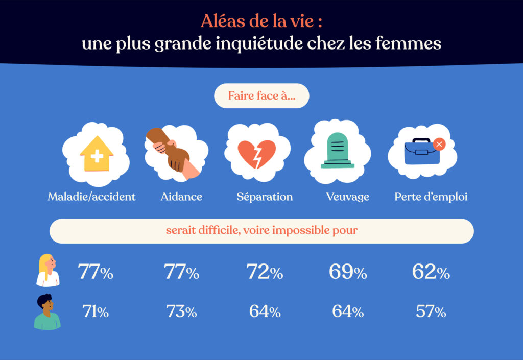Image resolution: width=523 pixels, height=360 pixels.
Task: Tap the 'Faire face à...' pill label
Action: click(261, 96)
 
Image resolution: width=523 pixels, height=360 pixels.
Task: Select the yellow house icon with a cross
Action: click(96, 153)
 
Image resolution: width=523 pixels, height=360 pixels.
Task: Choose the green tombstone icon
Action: click(337, 150)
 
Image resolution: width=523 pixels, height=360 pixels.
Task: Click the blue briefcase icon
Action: click(421, 152)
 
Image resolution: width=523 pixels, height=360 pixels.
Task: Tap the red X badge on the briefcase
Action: click(439, 144)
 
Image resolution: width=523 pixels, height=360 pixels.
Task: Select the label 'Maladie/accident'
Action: click(92, 197)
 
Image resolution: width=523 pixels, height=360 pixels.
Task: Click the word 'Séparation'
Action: click(265, 197)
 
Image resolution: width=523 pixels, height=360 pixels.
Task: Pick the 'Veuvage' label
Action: click(347, 197)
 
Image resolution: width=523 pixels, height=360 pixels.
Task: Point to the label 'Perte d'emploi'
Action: click(431, 197)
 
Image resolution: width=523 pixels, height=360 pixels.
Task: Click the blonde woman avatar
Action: click(47, 270)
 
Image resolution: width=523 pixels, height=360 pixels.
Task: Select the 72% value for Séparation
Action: click(265, 272)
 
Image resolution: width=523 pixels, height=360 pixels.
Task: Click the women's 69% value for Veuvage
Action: click(348, 272)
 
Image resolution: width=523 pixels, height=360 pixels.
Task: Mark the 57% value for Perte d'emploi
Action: click(431, 311)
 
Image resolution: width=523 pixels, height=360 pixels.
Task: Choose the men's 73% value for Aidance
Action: click(181, 311)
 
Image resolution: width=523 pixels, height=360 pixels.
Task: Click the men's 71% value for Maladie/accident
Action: click(96, 311)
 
